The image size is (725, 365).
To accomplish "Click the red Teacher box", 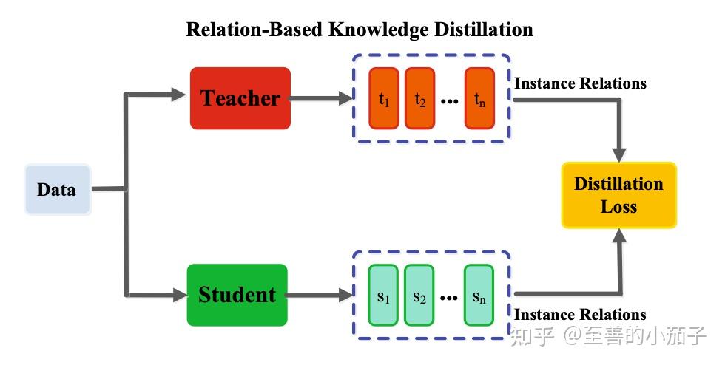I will [x=240, y=98].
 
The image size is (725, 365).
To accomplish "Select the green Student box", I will [x=237, y=295].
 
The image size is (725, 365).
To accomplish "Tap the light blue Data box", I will [x=57, y=190].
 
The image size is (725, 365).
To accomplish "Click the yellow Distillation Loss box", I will [x=618, y=194].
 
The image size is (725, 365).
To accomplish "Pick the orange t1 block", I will [x=384, y=98].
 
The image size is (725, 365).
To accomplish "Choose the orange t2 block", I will [x=420, y=98].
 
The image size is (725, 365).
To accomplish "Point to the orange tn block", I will [x=480, y=98].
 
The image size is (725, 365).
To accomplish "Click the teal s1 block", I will [x=382, y=296].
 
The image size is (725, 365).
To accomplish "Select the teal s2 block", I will [x=419, y=296].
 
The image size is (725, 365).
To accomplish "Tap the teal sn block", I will [x=479, y=296].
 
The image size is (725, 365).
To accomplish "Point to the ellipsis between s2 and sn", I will [x=449, y=299].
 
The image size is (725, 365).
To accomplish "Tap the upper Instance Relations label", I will [x=580, y=83].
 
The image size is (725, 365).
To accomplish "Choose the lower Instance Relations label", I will [x=580, y=315].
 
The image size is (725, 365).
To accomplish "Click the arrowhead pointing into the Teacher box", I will [x=177, y=94].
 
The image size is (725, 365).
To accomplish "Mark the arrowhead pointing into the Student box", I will [x=177, y=295].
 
